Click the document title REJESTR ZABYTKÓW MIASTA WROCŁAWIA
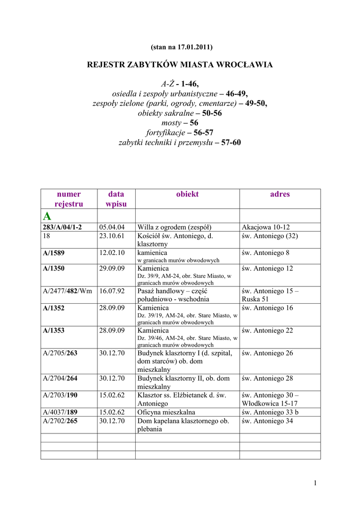point(180,65)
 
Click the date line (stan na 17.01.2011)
point(180,47)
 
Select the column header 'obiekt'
point(187,194)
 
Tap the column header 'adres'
point(279,194)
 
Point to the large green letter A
point(47,216)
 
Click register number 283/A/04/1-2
point(62,227)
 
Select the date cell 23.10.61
point(111,236)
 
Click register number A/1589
point(54,253)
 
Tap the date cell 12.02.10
point(111,253)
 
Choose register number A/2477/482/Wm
point(67,291)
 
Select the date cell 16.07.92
point(111,291)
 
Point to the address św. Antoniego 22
point(268,331)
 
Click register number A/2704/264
point(60,379)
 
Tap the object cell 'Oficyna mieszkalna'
point(166,412)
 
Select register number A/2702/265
point(60,421)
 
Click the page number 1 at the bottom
point(315,483)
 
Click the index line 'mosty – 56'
point(180,123)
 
